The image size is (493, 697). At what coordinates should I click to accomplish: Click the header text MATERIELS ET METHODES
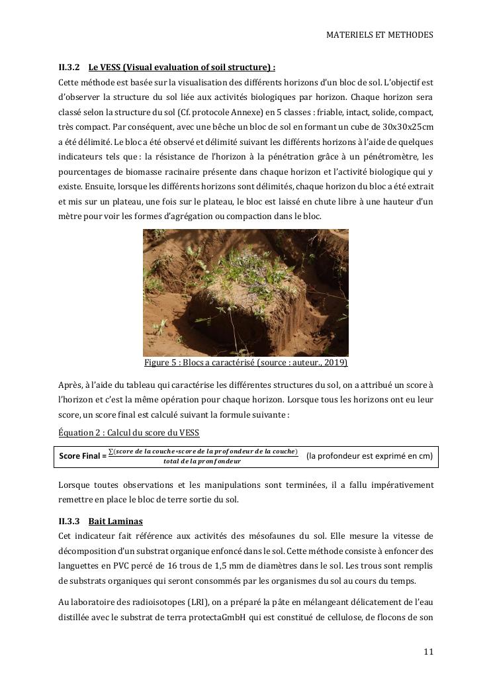(x=380, y=35)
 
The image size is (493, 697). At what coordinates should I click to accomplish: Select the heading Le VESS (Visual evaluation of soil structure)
(x=182, y=68)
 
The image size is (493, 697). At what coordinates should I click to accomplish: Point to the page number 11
(x=428, y=652)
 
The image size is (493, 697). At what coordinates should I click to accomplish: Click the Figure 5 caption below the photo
(x=246, y=363)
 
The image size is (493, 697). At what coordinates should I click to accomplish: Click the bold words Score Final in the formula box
(x=80, y=456)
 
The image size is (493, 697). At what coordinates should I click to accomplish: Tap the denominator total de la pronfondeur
(x=202, y=461)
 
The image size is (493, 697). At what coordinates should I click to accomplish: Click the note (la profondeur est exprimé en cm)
(x=370, y=455)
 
